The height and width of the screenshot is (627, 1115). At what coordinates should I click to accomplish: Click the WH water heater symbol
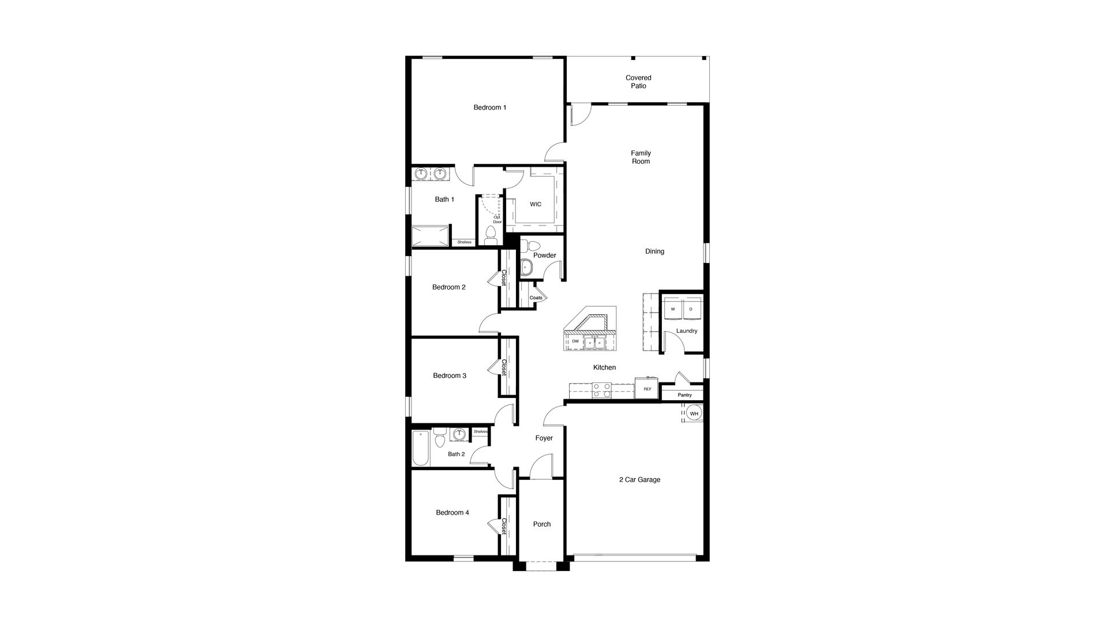694,414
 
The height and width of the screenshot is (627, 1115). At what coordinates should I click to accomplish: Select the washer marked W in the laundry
672,310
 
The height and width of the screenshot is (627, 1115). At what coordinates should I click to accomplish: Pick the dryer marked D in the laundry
691,310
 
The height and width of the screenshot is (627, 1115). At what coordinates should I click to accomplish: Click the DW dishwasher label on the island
575,341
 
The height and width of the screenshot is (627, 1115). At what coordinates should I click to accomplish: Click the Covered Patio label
638,82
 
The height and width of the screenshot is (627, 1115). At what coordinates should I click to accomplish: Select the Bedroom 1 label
490,107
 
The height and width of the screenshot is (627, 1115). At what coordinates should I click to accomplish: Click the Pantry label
684,395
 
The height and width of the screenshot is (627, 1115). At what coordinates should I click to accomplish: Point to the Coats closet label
536,298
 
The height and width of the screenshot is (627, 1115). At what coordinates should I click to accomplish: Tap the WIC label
536,204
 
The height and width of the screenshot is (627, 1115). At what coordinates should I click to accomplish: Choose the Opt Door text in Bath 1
497,219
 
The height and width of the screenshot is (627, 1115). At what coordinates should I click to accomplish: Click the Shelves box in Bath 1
465,242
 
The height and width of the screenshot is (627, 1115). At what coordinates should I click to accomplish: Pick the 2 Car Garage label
639,479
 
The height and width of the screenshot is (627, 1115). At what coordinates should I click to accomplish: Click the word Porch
542,524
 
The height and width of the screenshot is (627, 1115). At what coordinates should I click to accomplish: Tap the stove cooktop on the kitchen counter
603,391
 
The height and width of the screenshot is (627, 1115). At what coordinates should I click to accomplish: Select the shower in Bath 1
431,236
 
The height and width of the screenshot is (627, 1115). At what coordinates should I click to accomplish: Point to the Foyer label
544,438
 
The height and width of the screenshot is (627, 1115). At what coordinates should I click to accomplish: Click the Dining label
654,251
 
